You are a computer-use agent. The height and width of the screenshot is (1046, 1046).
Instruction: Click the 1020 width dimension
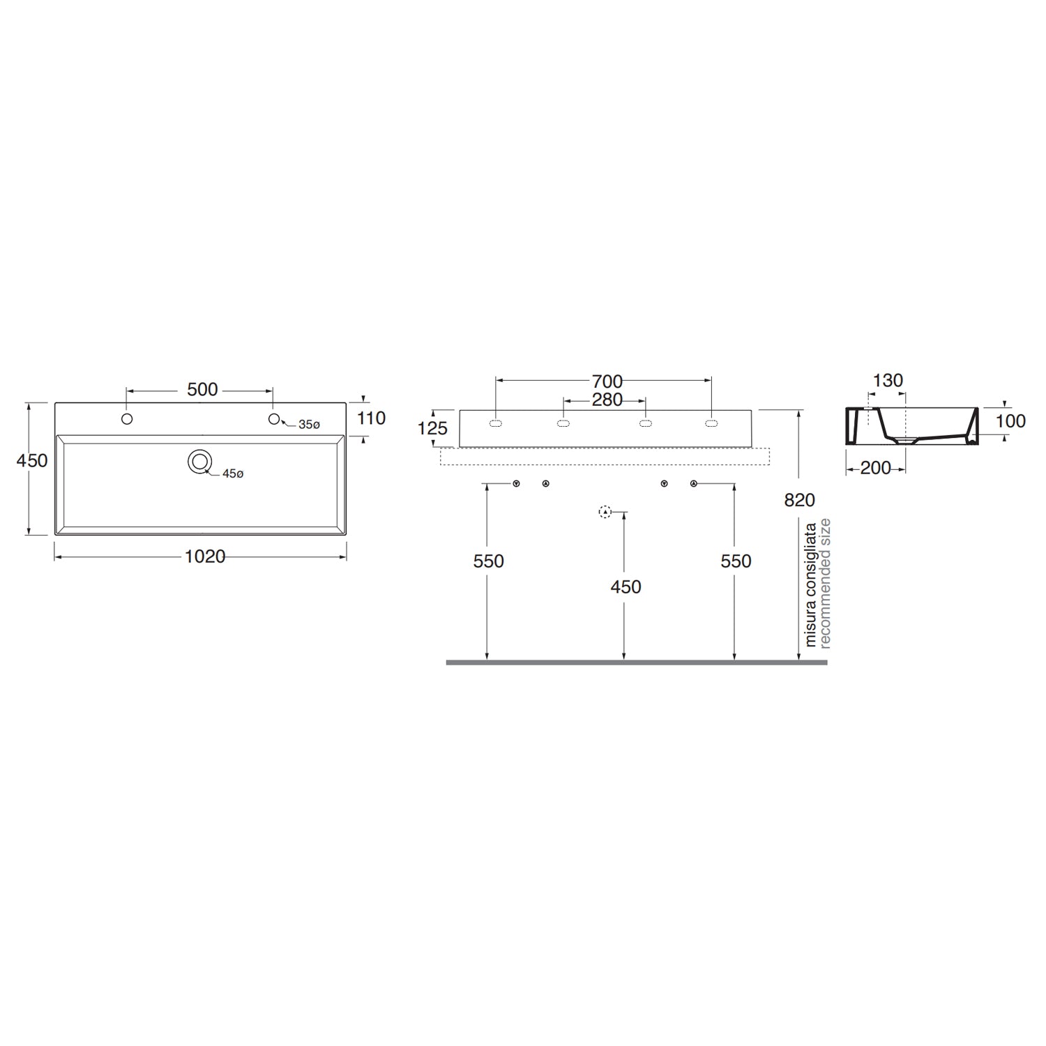[205, 556]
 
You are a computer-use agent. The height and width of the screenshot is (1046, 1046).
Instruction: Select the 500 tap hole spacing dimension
[202, 390]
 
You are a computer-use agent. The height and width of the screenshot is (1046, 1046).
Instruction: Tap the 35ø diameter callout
[309, 425]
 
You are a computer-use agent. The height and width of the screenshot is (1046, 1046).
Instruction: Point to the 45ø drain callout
[233, 473]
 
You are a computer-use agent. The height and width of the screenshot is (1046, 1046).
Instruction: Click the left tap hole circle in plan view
[127, 419]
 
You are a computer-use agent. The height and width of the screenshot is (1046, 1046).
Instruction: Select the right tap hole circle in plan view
[274, 418]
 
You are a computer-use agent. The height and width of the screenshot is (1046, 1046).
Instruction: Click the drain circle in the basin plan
[200, 461]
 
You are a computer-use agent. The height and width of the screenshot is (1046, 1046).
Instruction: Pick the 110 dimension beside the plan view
[371, 418]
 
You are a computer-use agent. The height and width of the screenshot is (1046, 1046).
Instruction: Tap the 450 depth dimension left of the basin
[32, 461]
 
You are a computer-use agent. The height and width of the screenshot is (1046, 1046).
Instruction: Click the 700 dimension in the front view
[607, 381]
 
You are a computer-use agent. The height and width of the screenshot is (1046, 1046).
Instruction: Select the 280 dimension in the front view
[607, 400]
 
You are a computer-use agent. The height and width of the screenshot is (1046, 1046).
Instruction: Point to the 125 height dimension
[432, 428]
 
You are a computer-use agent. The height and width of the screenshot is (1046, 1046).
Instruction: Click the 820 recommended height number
[799, 500]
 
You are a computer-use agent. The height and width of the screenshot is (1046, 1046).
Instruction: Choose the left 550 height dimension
[488, 561]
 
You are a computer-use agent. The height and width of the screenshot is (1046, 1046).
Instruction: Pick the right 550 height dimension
[736, 561]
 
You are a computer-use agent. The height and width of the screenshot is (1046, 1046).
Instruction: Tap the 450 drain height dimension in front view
[626, 587]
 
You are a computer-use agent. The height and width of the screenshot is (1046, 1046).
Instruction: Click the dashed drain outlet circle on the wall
[605, 513]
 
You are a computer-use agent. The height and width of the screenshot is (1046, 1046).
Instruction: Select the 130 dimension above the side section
[888, 381]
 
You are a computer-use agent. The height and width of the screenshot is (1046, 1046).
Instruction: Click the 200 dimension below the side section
[876, 468]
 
